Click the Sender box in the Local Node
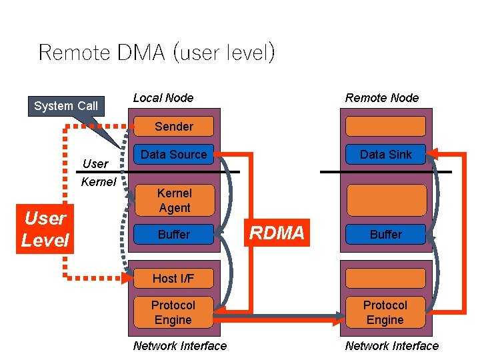click(173, 126)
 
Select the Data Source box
click(173, 154)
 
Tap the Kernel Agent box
click(173, 200)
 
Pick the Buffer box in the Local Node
click(173, 235)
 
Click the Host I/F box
click(173, 278)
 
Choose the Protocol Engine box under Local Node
click(173, 312)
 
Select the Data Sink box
click(385, 154)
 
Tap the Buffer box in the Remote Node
click(385, 235)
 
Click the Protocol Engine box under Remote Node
click(385, 312)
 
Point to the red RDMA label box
click(277, 233)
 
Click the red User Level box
click(45, 229)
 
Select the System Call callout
click(65, 106)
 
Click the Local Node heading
click(163, 98)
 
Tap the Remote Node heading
click(382, 98)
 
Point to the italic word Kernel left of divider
click(98, 181)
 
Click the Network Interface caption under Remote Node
click(391, 345)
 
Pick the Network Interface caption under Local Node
click(180, 345)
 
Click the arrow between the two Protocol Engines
click(280, 315)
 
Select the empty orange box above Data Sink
click(385, 126)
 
